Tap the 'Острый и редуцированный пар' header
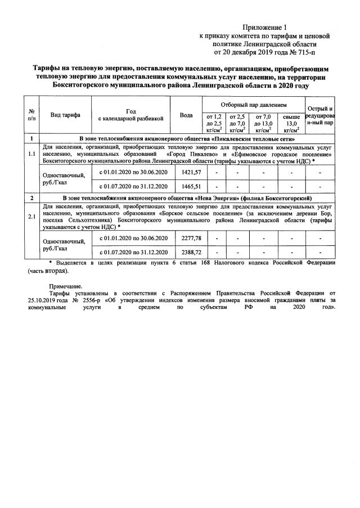click(x=319, y=115)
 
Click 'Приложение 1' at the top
click(x=264, y=27)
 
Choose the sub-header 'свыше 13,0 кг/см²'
click(x=291, y=123)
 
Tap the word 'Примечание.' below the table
click(x=66, y=286)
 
